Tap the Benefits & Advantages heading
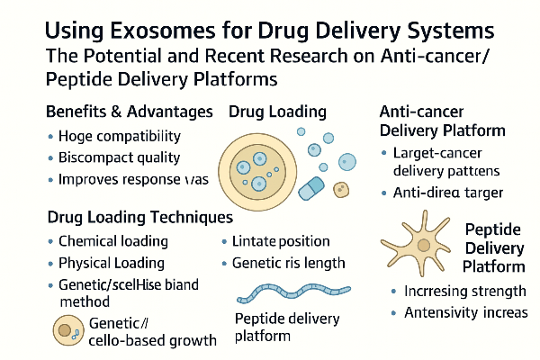(130, 112)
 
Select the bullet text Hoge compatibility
(120, 137)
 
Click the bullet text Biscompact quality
(119, 157)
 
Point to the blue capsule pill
(311, 188)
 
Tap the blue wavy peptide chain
(293, 293)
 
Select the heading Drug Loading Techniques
(140, 218)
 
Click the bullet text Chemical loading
(113, 241)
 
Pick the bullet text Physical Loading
(112, 263)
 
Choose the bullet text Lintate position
(281, 241)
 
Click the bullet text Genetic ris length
(289, 263)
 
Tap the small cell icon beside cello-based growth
(68, 330)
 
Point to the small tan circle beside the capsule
(341, 190)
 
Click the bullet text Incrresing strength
(465, 292)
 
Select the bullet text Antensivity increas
(466, 313)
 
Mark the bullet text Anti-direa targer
(448, 193)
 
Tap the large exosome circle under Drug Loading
(257, 172)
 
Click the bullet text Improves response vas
(133, 179)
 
